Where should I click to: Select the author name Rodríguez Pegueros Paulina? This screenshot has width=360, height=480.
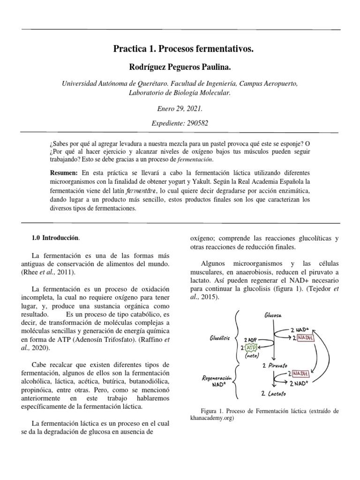pos(180,68)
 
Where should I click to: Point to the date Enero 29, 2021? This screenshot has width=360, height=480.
pos(180,108)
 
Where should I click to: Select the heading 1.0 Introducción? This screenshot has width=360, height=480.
pos(55,239)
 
